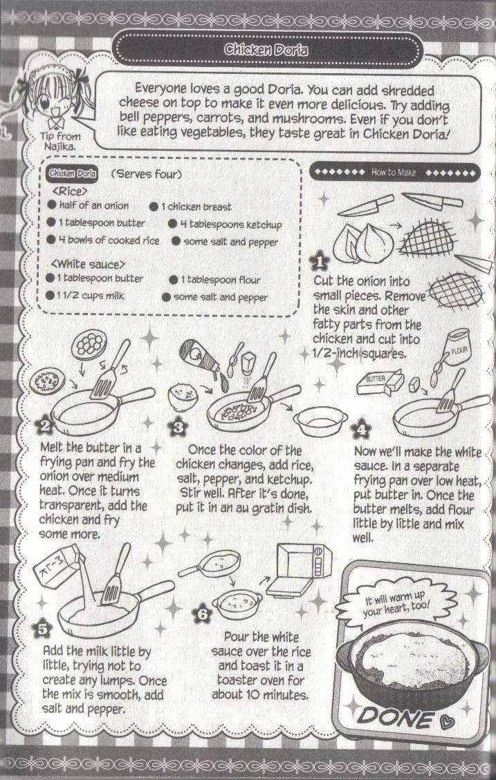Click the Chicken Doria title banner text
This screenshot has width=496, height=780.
pos(266,49)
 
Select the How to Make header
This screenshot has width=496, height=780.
pos(394,172)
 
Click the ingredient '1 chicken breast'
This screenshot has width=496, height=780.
pos(191,207)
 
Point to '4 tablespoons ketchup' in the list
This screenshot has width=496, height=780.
pos(225,225)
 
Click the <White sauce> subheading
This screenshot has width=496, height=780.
pos(88,264)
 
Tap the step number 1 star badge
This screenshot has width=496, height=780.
pos(319,263)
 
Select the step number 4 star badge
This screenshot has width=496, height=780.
pos(361,429)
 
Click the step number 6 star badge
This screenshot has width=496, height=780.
pos(203,614)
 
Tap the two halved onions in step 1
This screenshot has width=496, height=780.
pos(363,243)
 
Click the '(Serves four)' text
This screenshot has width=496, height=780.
pos(147,174)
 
